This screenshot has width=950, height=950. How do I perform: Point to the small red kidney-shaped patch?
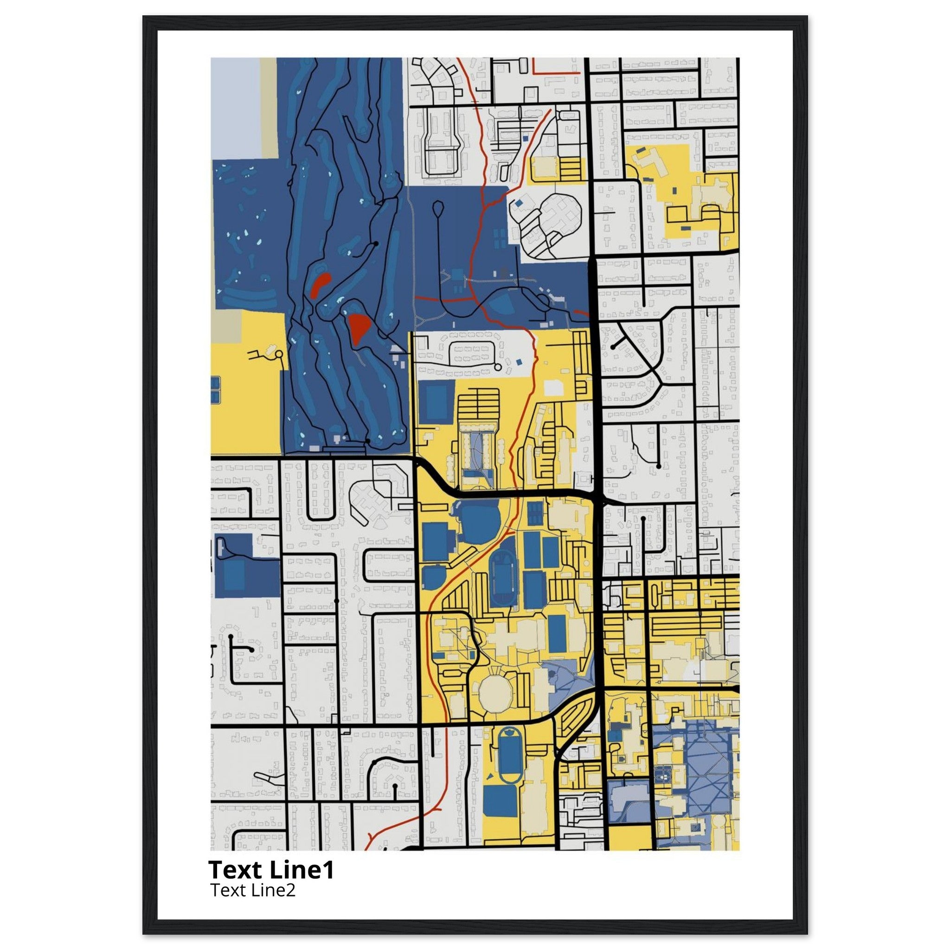[x=320, y=285]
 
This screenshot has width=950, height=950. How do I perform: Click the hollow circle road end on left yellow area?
[x=279, y=354]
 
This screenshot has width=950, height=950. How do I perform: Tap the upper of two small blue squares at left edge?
[x=215, y=383]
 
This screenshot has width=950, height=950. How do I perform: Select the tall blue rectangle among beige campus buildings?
[x=557, y=632]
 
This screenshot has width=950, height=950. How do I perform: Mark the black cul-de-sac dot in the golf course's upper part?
[x=376, y=244]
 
